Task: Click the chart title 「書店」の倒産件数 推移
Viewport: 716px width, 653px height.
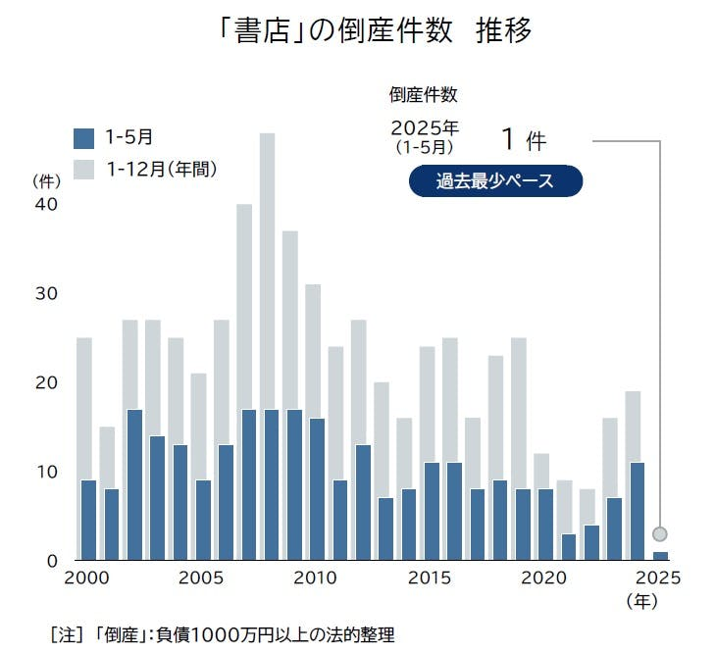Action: [378, 32]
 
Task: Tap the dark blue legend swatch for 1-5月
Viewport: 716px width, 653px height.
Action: [84, 138]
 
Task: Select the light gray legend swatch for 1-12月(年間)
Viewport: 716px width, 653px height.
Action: [84, 169]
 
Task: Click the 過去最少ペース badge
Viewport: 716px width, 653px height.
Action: [495, 181]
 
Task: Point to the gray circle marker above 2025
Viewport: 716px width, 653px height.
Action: [660, 534]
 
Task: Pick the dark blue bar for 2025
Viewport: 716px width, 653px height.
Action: [660, 556]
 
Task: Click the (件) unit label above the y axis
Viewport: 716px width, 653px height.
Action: [47, 180]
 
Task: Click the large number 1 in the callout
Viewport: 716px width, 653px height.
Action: [507, 138]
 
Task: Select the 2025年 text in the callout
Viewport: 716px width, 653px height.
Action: [425, 128]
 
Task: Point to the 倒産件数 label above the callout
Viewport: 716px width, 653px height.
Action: [424, 95]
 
